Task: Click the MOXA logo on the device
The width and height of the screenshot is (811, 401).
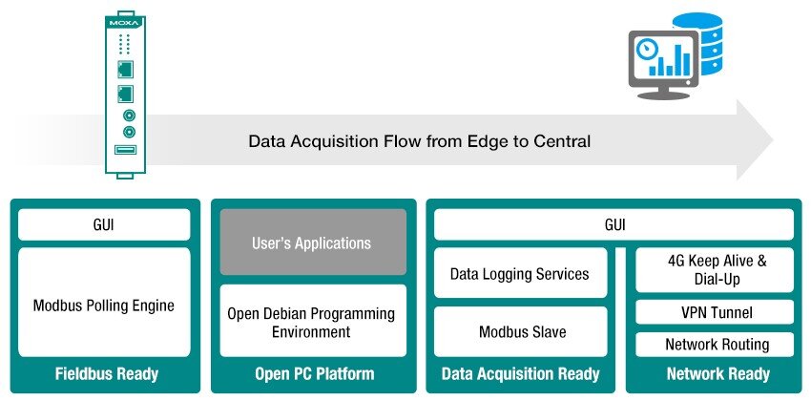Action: [x=125, y=24]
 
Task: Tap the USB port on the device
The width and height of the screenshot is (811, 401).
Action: [x=125, y=150]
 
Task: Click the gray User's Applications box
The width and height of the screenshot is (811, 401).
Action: [x=313, y=242]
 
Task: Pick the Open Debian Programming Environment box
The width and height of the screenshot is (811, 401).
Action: [x=313, y=321]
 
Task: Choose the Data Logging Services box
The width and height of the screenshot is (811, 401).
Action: [x=520, y=273]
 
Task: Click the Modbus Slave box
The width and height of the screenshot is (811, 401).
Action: [x=520, y=331]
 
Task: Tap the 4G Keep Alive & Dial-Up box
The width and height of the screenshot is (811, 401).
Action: [x=715, y=269]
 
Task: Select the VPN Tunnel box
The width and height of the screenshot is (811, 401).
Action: [x=715, y=312]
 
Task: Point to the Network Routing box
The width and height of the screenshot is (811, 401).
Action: [x=715, y=345]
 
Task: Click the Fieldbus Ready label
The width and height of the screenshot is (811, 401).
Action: [x=107, y=374]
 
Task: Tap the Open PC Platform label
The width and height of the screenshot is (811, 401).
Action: [x=315, y=374]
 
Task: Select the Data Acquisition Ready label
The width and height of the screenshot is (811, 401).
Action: [x=520, y=374]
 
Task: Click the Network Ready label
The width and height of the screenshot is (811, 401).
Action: [x=718, y=374]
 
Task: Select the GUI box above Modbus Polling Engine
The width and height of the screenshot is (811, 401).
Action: [x=104, y=224]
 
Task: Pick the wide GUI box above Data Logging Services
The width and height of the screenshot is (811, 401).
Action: [x=613, y=224]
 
